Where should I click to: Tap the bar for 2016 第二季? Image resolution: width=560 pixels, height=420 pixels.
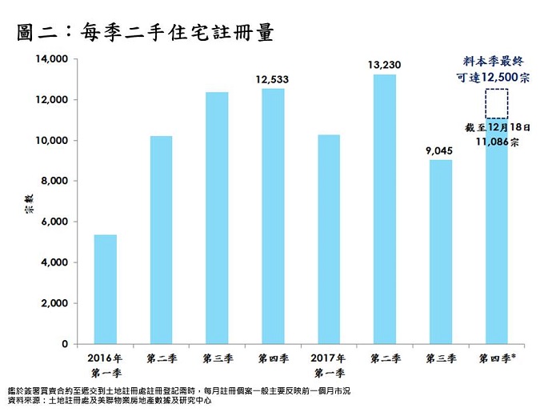[x=162, y=240]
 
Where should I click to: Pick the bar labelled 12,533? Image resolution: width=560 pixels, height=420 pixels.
[x=272, y=216]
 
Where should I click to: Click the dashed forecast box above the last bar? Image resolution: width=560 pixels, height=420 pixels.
[x=495, y=104]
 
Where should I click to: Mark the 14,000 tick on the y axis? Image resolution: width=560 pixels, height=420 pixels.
[x=52, y=59]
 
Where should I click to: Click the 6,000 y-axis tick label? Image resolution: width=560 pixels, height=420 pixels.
[x=55, y=222]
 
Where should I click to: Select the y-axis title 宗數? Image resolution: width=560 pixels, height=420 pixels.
[x=25, y=204]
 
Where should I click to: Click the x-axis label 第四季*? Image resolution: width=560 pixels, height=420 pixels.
[x=496, y=358]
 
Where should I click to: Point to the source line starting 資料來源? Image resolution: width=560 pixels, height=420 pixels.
[x=108, y=398]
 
